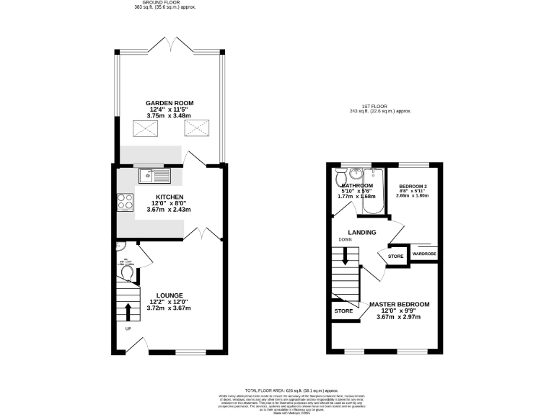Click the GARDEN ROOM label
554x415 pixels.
tap(170, 103)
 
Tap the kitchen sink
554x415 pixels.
tap(154, 174)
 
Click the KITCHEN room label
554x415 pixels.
tap(170, 197)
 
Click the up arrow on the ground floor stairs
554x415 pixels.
tap(129, 311)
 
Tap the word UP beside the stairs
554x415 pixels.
tap(128, 329)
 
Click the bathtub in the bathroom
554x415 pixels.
tap(373, 193)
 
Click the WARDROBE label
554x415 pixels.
tap(423, 254)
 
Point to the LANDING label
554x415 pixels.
tap(362, 232)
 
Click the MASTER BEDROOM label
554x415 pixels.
tap(399, 305)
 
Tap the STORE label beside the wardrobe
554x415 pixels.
tap(396, 256)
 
